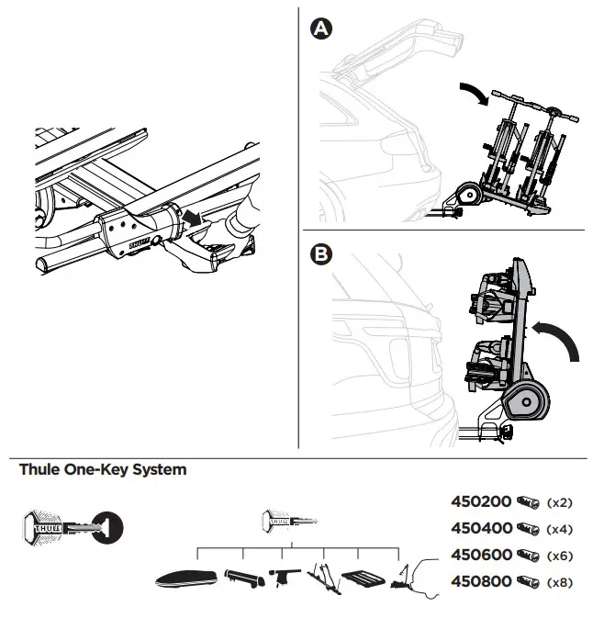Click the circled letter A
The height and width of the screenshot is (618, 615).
320,30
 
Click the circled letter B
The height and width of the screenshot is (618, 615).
320,254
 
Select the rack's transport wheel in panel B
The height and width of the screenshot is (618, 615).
523,402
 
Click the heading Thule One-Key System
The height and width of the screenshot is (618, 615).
103,470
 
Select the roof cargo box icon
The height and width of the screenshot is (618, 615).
186,580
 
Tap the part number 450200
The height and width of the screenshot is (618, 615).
482,502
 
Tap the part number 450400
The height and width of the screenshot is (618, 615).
482,529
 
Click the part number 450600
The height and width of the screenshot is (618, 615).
482,556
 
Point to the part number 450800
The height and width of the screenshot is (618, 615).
482,582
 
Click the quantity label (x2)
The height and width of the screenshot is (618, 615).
559,503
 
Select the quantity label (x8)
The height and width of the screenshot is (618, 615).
559,583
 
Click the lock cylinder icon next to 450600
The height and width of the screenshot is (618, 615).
529,556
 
